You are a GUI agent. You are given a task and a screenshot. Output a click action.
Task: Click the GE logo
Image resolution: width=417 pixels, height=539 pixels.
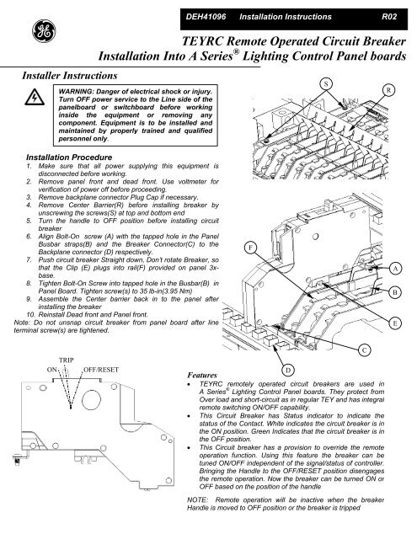[x=44, y=31]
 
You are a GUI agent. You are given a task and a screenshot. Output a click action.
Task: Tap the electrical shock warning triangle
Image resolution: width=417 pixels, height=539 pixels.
[x=35, y=98]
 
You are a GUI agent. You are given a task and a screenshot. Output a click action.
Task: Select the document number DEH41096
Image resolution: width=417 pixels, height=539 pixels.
[x=206, y=17]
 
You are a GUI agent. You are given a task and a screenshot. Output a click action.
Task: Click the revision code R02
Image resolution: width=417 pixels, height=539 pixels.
[x=389, y=17]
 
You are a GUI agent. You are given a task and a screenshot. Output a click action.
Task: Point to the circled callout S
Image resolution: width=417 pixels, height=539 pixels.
[x=326, y=84]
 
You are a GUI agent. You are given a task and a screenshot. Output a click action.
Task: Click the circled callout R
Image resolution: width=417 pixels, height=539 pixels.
[x=388, y=90]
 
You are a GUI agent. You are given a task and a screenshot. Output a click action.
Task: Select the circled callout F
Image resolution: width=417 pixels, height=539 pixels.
[x=251, y=248]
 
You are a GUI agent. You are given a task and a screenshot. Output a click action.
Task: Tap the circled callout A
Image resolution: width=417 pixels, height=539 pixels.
[x=395, y=269]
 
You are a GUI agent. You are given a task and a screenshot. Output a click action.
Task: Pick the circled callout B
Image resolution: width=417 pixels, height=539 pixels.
[x=395, y=292]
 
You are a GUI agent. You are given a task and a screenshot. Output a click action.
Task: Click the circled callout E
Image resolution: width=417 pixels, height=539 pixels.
[x=395, y=323]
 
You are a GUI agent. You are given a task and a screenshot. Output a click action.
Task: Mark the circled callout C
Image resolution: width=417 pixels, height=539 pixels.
[x=365, y=350]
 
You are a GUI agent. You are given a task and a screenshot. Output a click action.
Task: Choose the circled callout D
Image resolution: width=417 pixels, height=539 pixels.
[x=288, y=371]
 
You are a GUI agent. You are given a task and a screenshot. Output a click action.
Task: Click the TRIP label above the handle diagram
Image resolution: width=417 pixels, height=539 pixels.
[x=66, y=360]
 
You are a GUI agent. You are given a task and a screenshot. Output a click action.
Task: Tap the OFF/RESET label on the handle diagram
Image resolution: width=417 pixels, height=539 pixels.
[x=101, y=370]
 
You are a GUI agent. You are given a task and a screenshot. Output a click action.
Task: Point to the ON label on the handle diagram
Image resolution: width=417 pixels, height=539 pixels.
[x=52, y=370]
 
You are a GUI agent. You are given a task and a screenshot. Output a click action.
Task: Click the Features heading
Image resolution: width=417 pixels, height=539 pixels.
[x=202, y=375]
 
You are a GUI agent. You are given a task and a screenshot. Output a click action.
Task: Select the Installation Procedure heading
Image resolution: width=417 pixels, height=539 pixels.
[x=69, y=157]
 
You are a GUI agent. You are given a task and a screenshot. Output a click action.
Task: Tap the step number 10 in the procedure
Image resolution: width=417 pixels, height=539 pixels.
[x=31, y=314]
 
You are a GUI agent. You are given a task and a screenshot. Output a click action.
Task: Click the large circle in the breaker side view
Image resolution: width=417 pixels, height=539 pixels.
[x=92, y=400]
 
